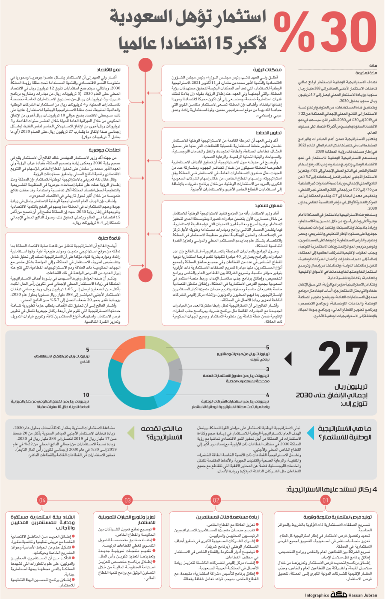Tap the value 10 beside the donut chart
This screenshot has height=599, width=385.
(x=86, y=395)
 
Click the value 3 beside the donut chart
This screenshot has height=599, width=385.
(x=268, y=369)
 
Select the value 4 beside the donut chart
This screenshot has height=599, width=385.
(x=268, y=395)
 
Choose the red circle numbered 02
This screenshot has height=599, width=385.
(x=216, y=500)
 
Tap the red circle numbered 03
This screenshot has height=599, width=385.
(x=127, y=500)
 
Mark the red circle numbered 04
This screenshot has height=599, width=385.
(x=42, y=500)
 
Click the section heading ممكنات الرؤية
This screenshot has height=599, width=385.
(x=267, y=69)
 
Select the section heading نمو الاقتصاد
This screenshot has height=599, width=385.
(x=108, y=69)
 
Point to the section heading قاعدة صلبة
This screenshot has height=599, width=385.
(x=109, y=238)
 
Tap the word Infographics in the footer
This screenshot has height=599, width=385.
(x=317, y=595)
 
